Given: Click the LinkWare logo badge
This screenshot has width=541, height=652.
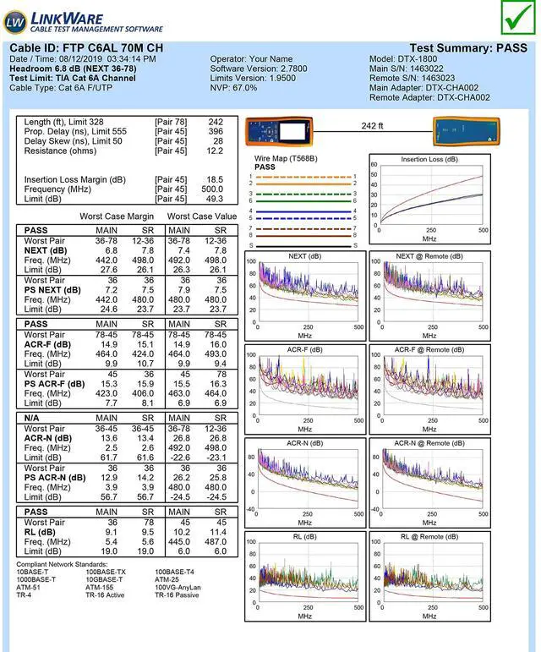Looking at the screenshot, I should tap(14, 20).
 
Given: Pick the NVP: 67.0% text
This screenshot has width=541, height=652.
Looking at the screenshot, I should tap(234, 88).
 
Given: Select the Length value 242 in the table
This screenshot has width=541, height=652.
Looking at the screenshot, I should tap(215, 122).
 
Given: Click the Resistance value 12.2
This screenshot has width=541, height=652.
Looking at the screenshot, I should tap(215, 151).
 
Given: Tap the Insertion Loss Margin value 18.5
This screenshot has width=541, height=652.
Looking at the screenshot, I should tap(215, 180).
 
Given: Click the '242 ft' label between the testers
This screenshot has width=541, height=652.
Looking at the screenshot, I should tap(372, 126).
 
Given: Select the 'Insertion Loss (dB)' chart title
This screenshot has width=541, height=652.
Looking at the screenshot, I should tap(430, 159).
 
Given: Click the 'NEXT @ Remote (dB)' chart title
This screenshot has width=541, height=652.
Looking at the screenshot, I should tap(429, 256).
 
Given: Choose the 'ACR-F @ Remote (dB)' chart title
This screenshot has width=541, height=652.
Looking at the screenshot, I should tap(429, 350).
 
